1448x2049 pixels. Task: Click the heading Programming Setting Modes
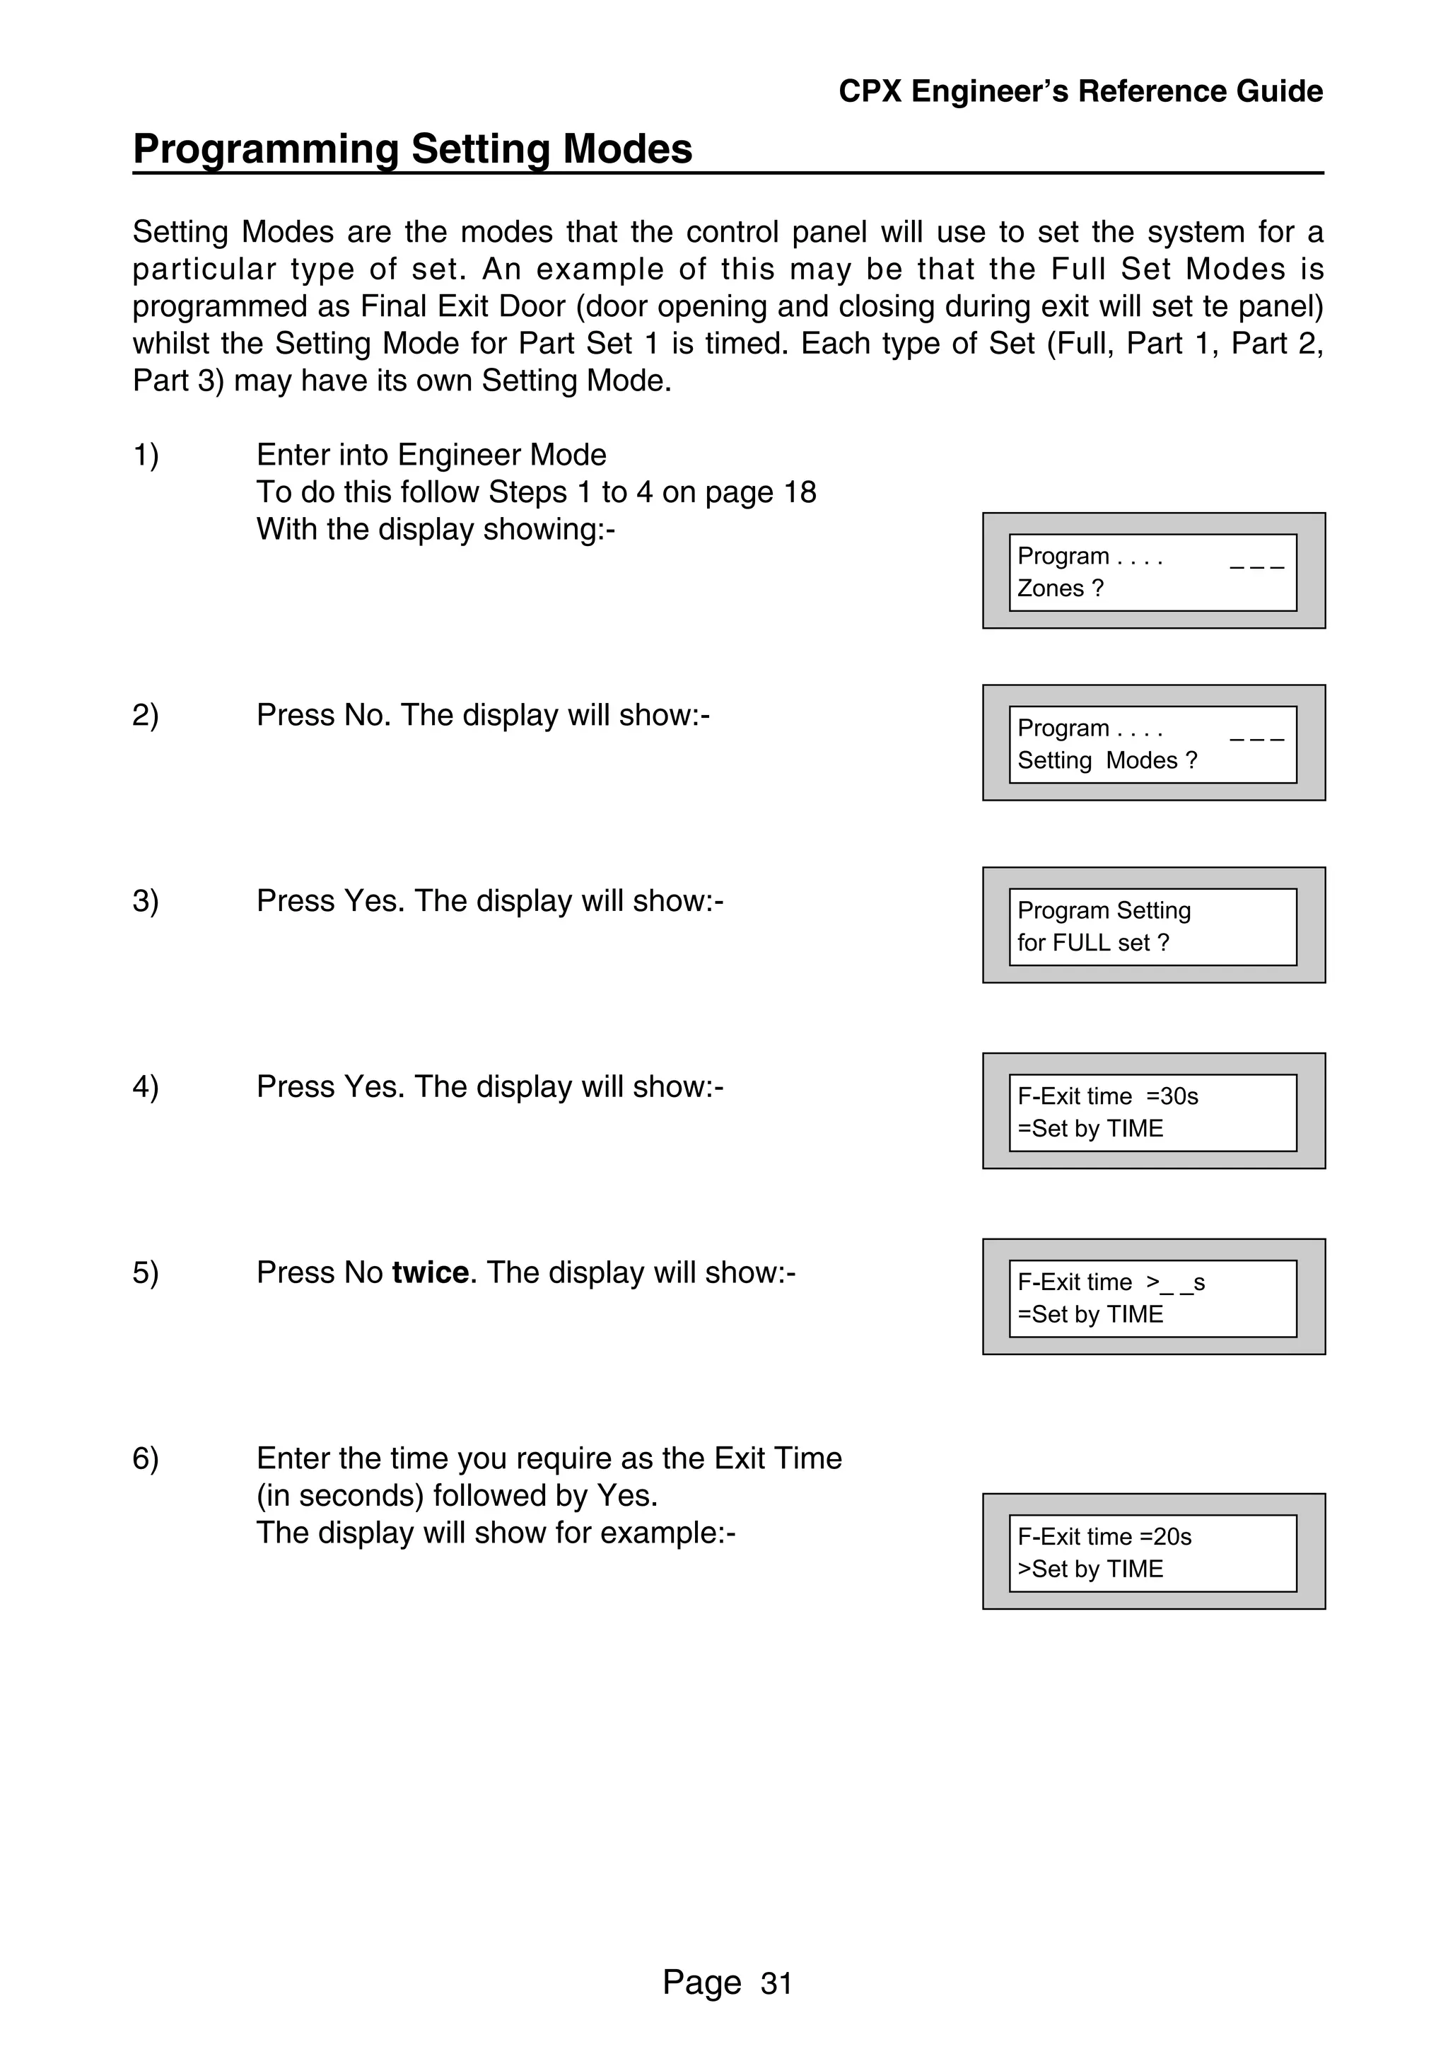(x=412, y=149)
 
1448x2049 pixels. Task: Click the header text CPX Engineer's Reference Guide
(x=1080, y=91)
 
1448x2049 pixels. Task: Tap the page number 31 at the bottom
(x=776, y=1983)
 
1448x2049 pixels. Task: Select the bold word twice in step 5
(x=430, y=1272)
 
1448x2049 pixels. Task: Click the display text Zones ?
(x=1060, y=588)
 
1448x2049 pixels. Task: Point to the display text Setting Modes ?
(x=1107, y=760)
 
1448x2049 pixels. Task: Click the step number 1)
(x=146, y=455)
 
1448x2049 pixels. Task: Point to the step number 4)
(x=146, y=1086)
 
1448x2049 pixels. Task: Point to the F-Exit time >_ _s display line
(x=1111, y=1282)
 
